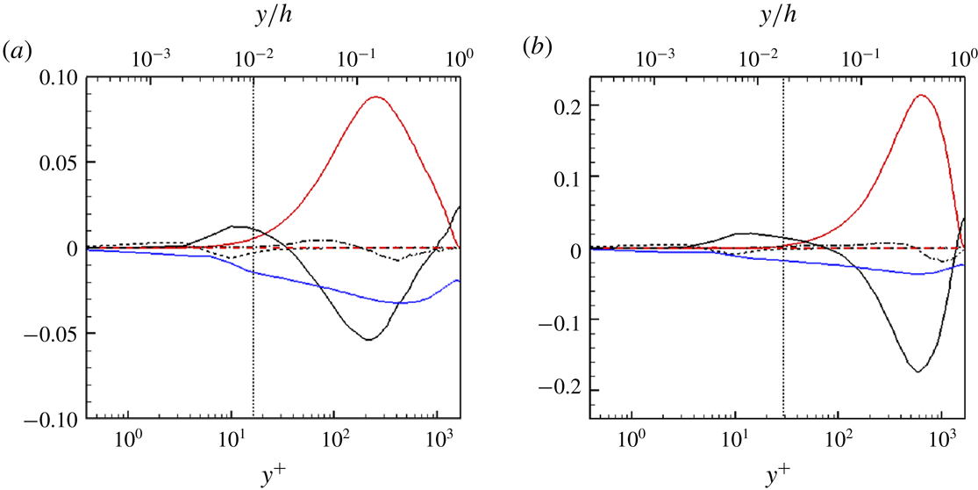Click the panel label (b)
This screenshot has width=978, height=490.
coord(536,49)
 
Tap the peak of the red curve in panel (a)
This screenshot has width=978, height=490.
coord(376,97)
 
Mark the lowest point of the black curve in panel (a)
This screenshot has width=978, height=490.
coord(368,339)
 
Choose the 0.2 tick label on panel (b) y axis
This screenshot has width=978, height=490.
coord(586,106)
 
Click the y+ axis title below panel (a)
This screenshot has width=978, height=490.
coord(274,473)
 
